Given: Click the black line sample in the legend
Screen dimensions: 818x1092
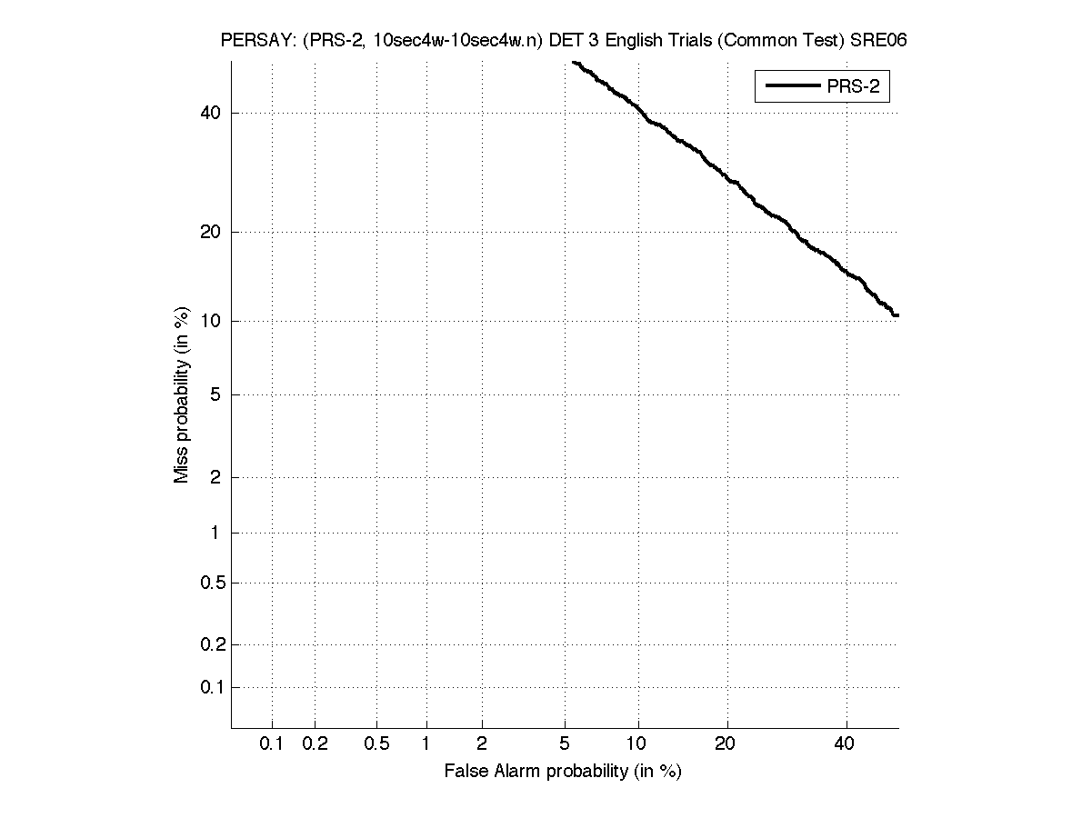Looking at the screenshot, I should click(792, 87).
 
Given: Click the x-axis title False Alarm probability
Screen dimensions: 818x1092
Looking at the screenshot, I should click(563, 772).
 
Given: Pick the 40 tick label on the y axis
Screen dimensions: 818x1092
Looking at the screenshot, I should click(210, 113).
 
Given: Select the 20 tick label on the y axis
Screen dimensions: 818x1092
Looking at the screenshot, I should click(210, 232).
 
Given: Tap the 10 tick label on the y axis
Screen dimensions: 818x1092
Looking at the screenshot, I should click(210, 321).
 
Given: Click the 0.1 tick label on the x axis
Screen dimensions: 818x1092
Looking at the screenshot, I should click(272, 743).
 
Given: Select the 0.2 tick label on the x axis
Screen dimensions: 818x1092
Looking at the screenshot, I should click(315, 743).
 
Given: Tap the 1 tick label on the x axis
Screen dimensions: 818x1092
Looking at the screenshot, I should click(426, 743).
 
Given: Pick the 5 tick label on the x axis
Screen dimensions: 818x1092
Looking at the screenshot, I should click(565, 743).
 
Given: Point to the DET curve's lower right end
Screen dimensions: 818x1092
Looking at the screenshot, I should click(897, 314).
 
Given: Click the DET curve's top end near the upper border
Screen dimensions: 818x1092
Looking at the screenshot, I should click(574, 62).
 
